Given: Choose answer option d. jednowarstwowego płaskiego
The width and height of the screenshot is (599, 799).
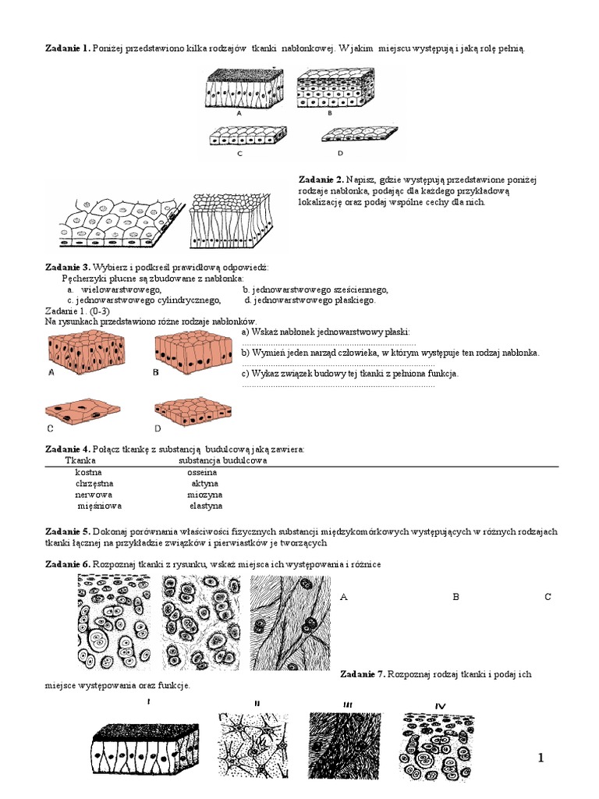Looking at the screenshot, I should coord(310,300).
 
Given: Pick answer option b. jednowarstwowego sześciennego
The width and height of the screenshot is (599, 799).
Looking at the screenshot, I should coord(315,289).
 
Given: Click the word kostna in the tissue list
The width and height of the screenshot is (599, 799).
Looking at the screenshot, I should coord(88,472).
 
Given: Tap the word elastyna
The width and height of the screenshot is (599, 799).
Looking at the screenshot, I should coord(206,506).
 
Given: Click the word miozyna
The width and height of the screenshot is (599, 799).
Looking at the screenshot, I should coord(204,495).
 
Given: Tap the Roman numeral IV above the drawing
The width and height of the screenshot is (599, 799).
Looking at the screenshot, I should coord(440,706).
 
